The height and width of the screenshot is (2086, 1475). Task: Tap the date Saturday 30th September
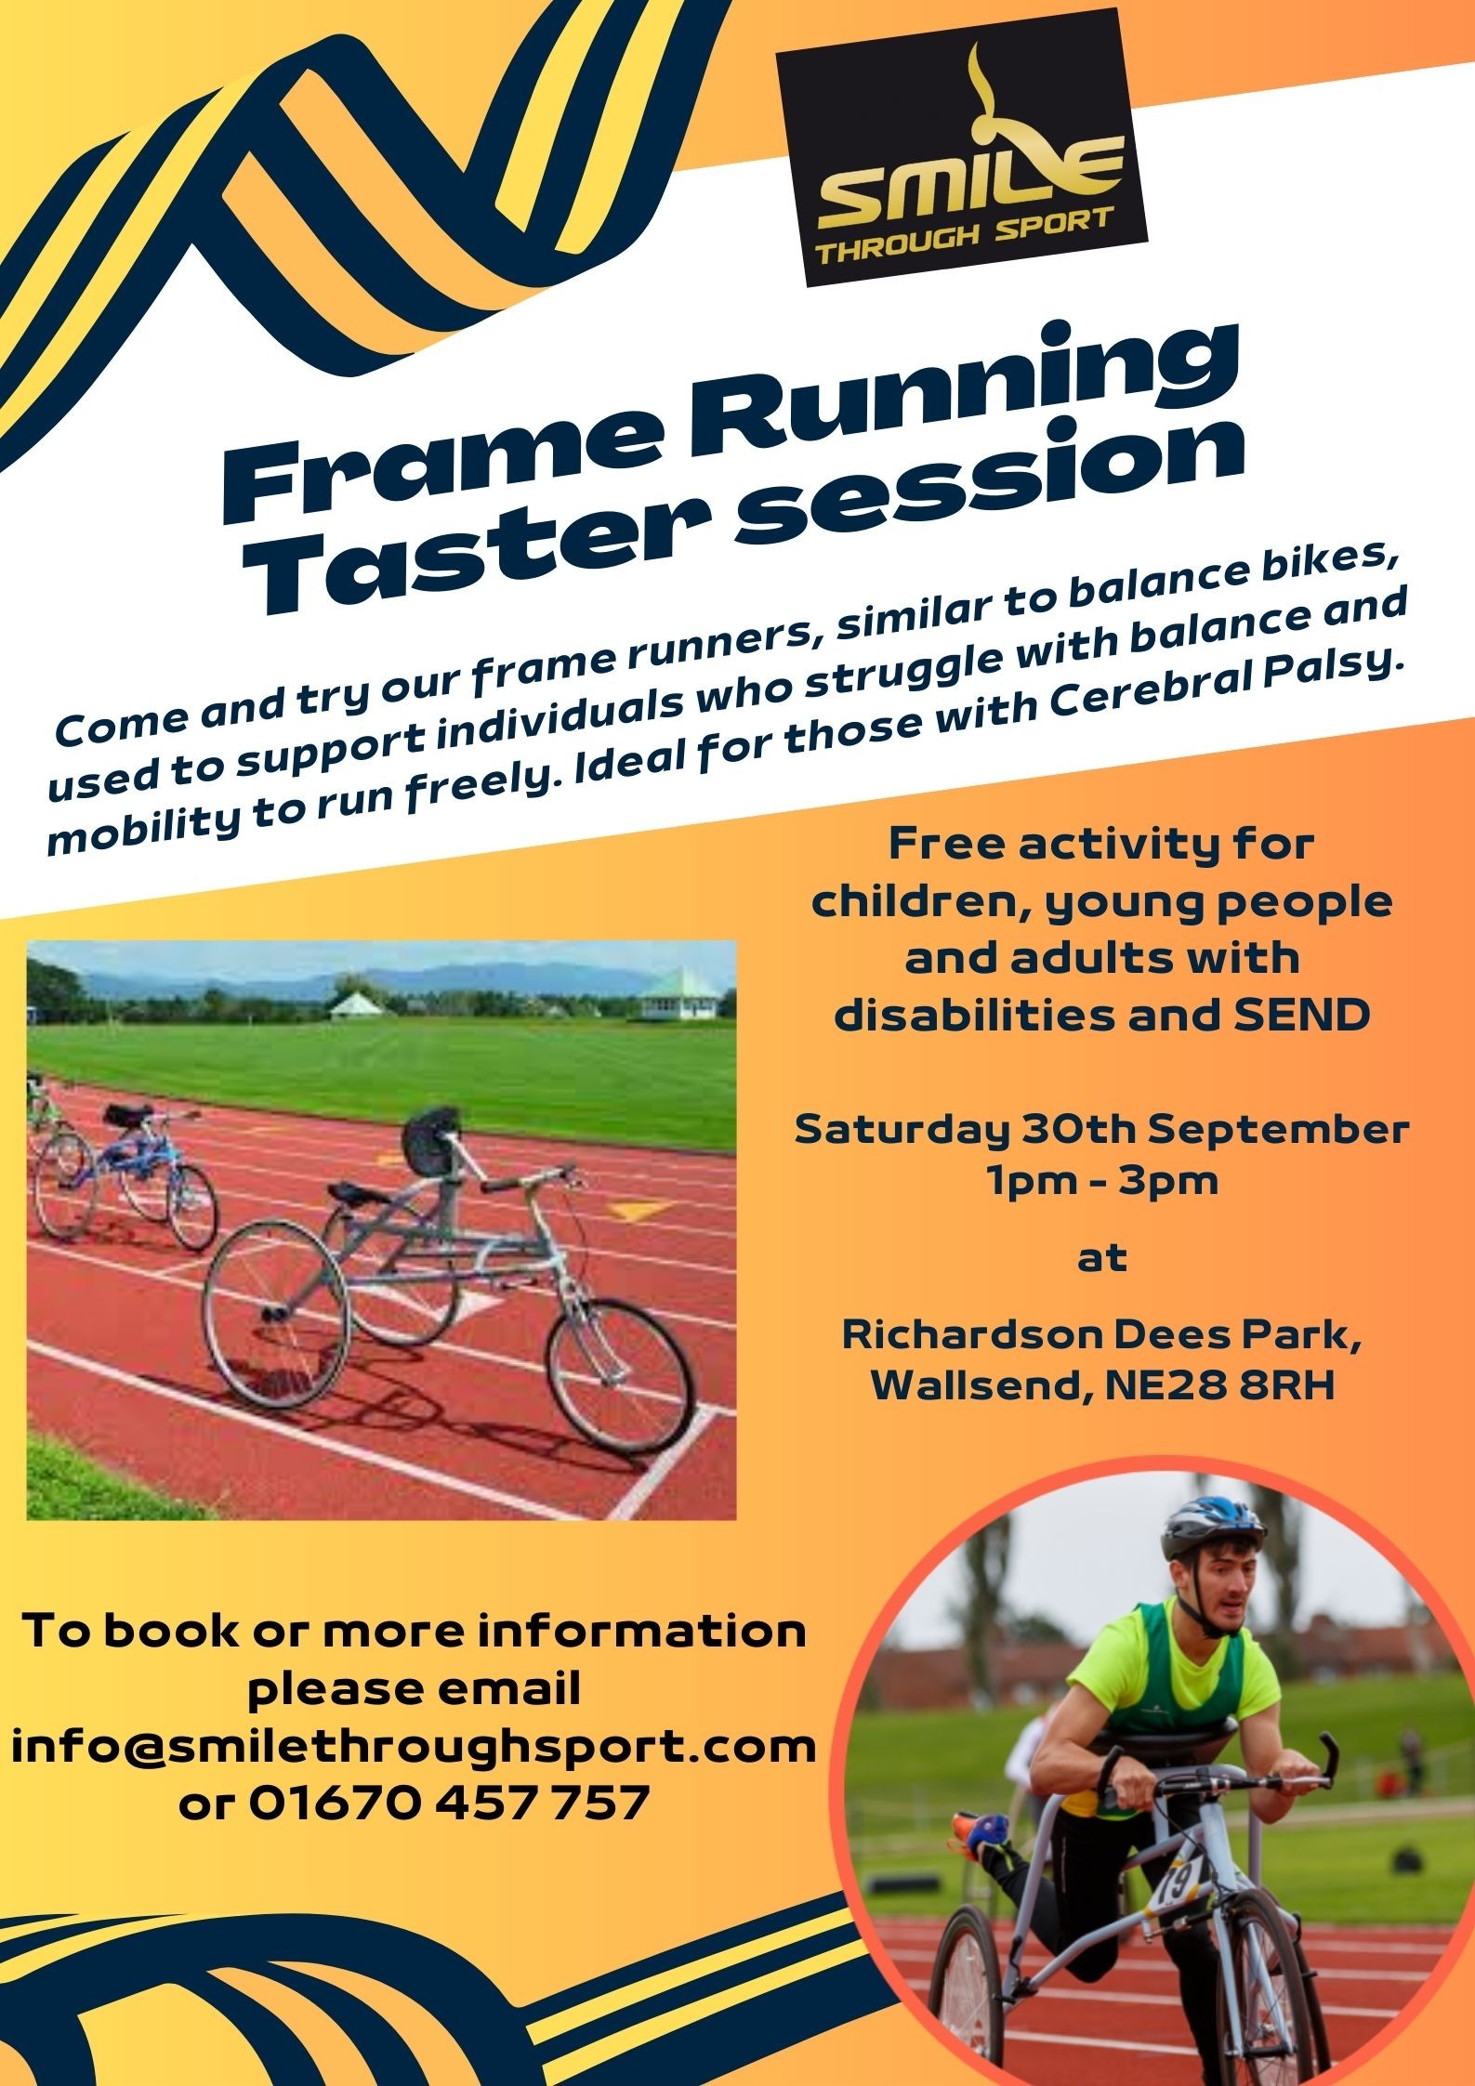click(x=1101, y=1130)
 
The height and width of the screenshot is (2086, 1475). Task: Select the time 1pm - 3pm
click(x=1101, y=1182)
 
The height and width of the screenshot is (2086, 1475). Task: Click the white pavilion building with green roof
click(x=677, y=995)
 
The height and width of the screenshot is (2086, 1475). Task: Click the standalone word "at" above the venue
click(x=1101, y=1260)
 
